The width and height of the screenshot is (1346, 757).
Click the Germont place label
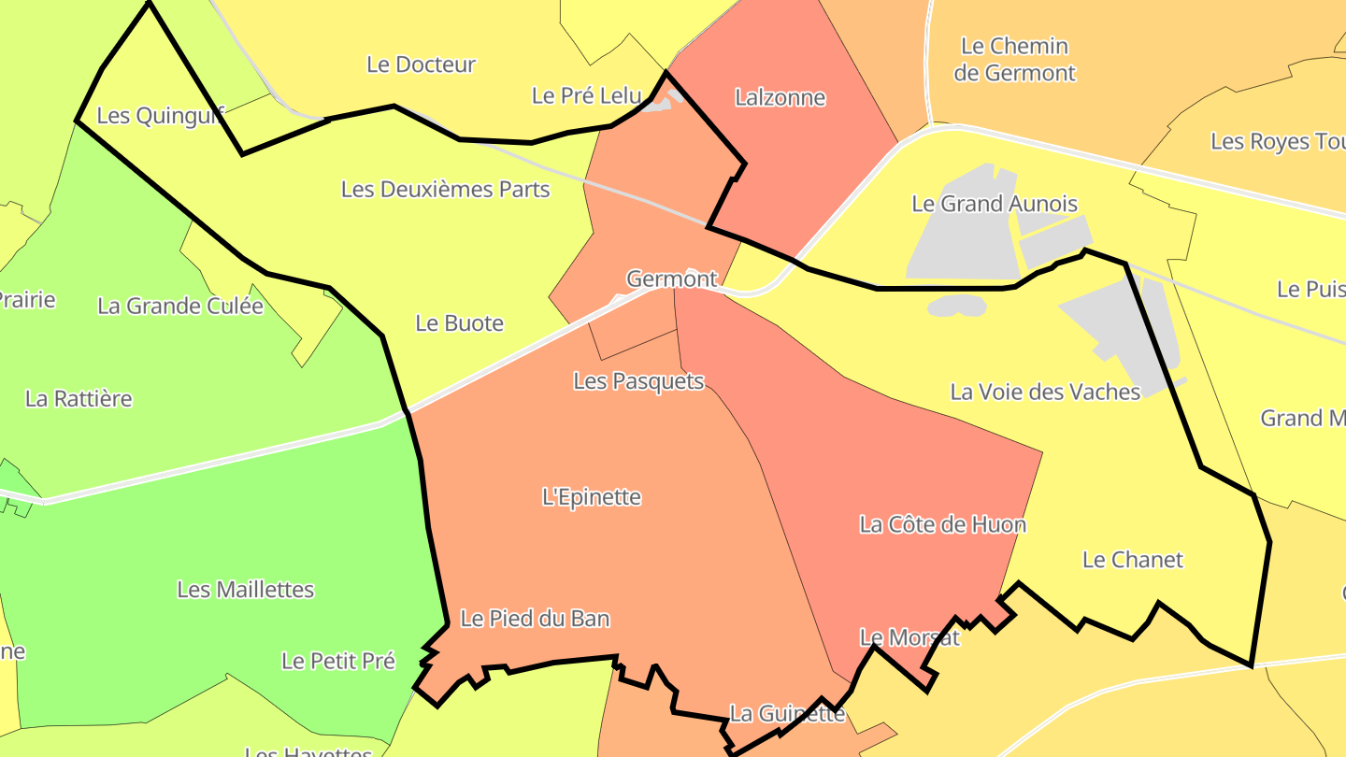tap(671, 279)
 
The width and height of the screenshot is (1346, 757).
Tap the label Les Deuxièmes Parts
tap(445, 189)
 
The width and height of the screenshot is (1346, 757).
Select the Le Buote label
tap(459, 323)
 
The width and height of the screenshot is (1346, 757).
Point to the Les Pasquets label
tap(638, 380)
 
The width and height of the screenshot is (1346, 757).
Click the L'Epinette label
tap(592, 496)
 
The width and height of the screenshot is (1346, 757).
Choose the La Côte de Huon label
tap(942, 524)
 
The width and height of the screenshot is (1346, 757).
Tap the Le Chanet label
tap(1132, 560)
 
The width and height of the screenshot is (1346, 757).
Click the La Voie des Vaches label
tap(1045, 392)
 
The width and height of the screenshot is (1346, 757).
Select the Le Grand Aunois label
tap(995, 204)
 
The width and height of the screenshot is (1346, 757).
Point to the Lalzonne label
tap(780, 97)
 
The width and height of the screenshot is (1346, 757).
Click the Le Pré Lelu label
tap(587, 95)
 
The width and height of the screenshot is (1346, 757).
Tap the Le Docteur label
tap(421, 64)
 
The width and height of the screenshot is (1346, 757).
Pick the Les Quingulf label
tap(160, 116)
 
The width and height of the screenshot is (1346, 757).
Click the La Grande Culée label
tap(180, 306)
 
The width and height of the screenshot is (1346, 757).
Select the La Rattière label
tap(79, 399)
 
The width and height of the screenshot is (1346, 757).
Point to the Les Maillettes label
tap(245, 590)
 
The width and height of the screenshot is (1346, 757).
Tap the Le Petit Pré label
tap(338, 661)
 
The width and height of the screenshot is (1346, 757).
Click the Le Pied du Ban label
tap(535, 618)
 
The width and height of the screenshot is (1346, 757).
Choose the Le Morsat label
tap(909, 637)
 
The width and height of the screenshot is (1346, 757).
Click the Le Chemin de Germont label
tap(1014, 59)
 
